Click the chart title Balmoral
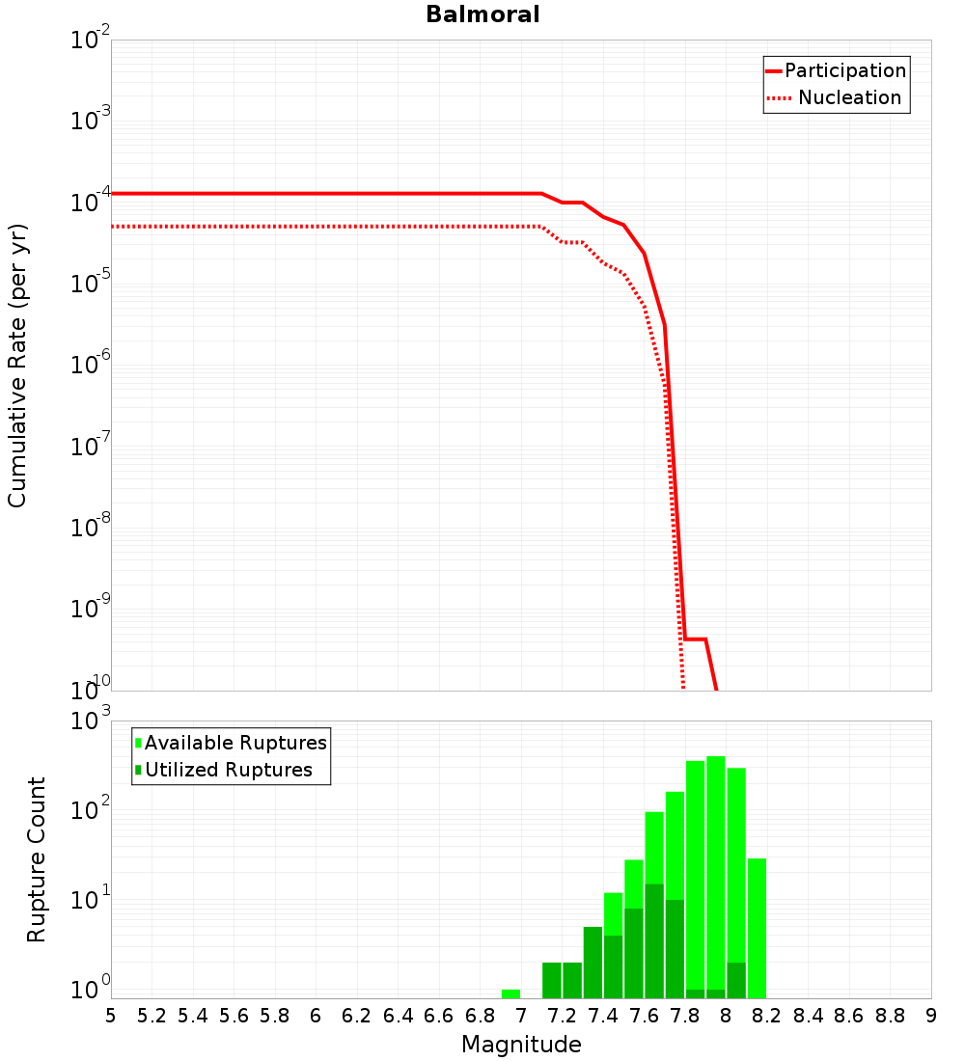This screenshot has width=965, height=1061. [482, 14]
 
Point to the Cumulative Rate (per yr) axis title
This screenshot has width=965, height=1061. [17, 365]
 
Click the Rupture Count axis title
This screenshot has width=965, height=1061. [37, 859]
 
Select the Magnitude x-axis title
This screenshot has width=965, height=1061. [521, 1045]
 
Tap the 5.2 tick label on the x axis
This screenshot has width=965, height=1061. [152, 1016]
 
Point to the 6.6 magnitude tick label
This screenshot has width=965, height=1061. [439, 1016]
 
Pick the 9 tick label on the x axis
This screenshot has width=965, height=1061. [930, 1016]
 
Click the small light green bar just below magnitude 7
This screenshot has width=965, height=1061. [510, 993]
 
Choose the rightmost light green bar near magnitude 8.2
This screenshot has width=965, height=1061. [757, 926]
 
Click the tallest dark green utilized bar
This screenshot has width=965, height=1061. [654, 940]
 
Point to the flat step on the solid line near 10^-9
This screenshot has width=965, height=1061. [695, 639]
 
